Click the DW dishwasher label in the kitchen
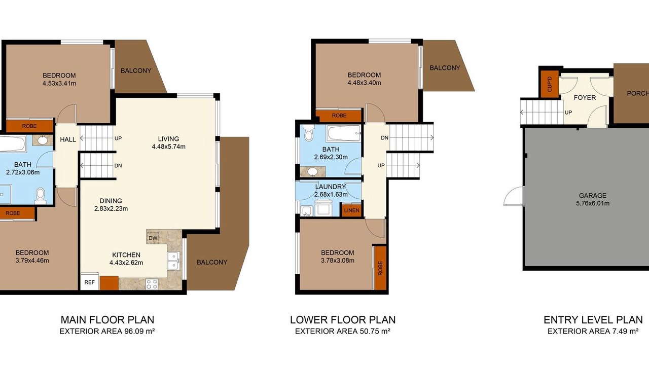point(153,238)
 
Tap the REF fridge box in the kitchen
point(90,281)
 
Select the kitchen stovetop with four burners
point(152,284)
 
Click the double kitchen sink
point(173,261)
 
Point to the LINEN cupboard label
point(352,210)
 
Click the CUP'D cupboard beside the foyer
point(549,84)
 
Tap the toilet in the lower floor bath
point(309,133)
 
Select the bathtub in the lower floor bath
point(344,133)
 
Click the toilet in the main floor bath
point(40,196)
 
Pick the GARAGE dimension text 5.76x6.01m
point(593,203)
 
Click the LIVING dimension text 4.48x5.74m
point(169,147)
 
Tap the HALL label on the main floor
point(68,139)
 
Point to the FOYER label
point(585,98)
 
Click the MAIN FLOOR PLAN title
point(107,320)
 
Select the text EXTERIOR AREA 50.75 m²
point(342,331)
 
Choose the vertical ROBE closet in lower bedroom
point(380,268)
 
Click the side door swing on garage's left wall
point(514,196)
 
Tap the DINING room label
point(111,201)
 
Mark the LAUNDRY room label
point(330,187)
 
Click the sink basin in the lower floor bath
point(312,171)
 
